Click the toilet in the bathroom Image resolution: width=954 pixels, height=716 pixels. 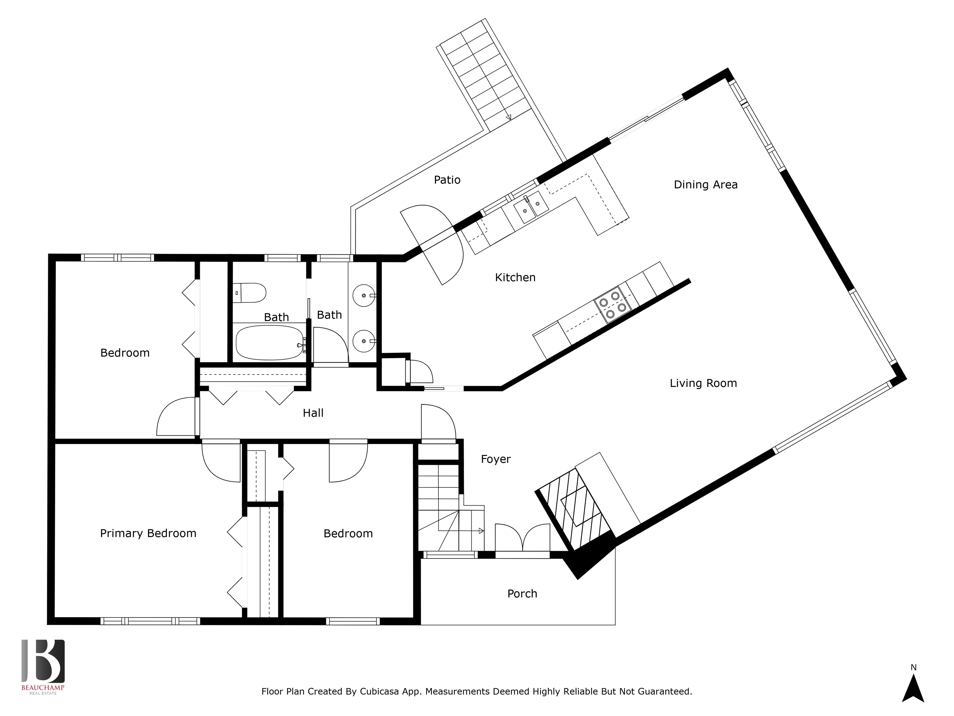250,293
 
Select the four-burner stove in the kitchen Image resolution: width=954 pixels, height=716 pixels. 612,305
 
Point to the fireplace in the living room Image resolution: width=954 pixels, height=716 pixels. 574,507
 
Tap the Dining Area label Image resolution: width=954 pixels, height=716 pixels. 706,185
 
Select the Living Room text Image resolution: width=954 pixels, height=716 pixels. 703,383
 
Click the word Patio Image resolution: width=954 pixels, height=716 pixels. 447,180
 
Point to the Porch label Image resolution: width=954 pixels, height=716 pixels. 522,594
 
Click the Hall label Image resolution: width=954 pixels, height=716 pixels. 313,413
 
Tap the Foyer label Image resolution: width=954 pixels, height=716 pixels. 496,459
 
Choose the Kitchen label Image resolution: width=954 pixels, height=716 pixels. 516,278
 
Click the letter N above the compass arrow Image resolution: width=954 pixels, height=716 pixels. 913,667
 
